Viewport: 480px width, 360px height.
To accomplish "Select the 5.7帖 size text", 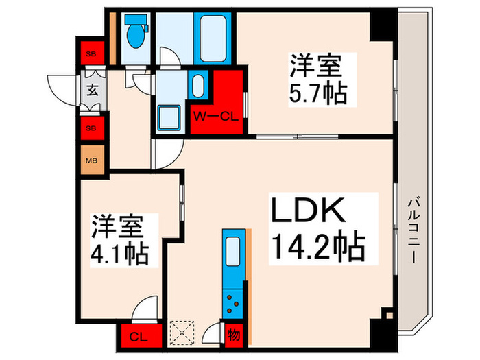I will pos(316,93).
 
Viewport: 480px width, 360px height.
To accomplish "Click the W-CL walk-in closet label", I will pos(217,115).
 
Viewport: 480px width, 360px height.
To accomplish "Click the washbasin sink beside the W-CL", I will pos(198,86).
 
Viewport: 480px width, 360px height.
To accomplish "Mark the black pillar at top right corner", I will pos(381,26).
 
